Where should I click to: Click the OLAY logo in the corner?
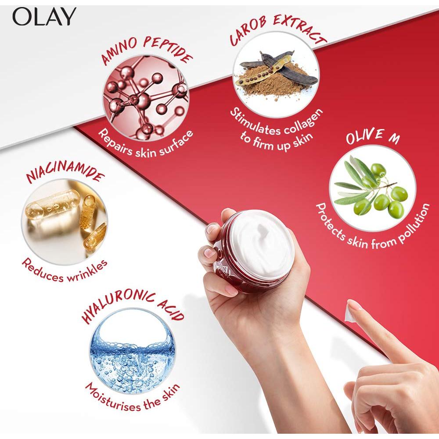click(44, 17)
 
